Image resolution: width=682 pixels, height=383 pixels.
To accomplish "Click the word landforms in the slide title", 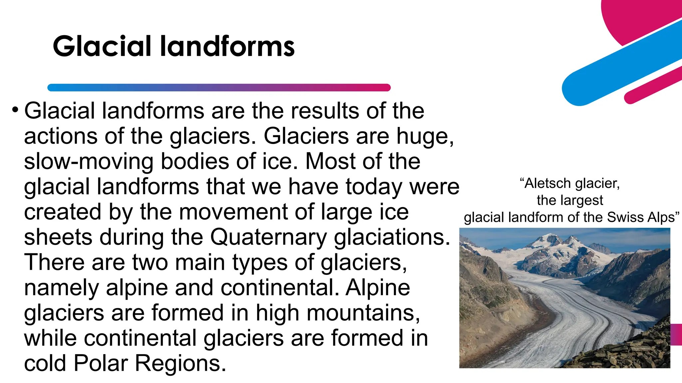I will coord(227,46).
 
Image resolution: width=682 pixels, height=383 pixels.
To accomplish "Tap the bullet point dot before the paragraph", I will coord(15,109).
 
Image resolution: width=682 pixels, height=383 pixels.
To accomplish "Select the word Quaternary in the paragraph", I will coord(268,237).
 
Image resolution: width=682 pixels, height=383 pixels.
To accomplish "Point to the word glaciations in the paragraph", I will coord(392,237).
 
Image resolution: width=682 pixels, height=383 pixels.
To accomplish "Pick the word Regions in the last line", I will coord(180,363).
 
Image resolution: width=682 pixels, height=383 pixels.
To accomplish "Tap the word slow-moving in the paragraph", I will coord(89,162).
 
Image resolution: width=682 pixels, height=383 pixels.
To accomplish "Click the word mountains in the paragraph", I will coord(363,313).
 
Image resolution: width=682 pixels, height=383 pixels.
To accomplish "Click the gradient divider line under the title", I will coord(219,88).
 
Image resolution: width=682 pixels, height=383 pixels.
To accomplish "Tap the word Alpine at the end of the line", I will coord(378,288).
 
